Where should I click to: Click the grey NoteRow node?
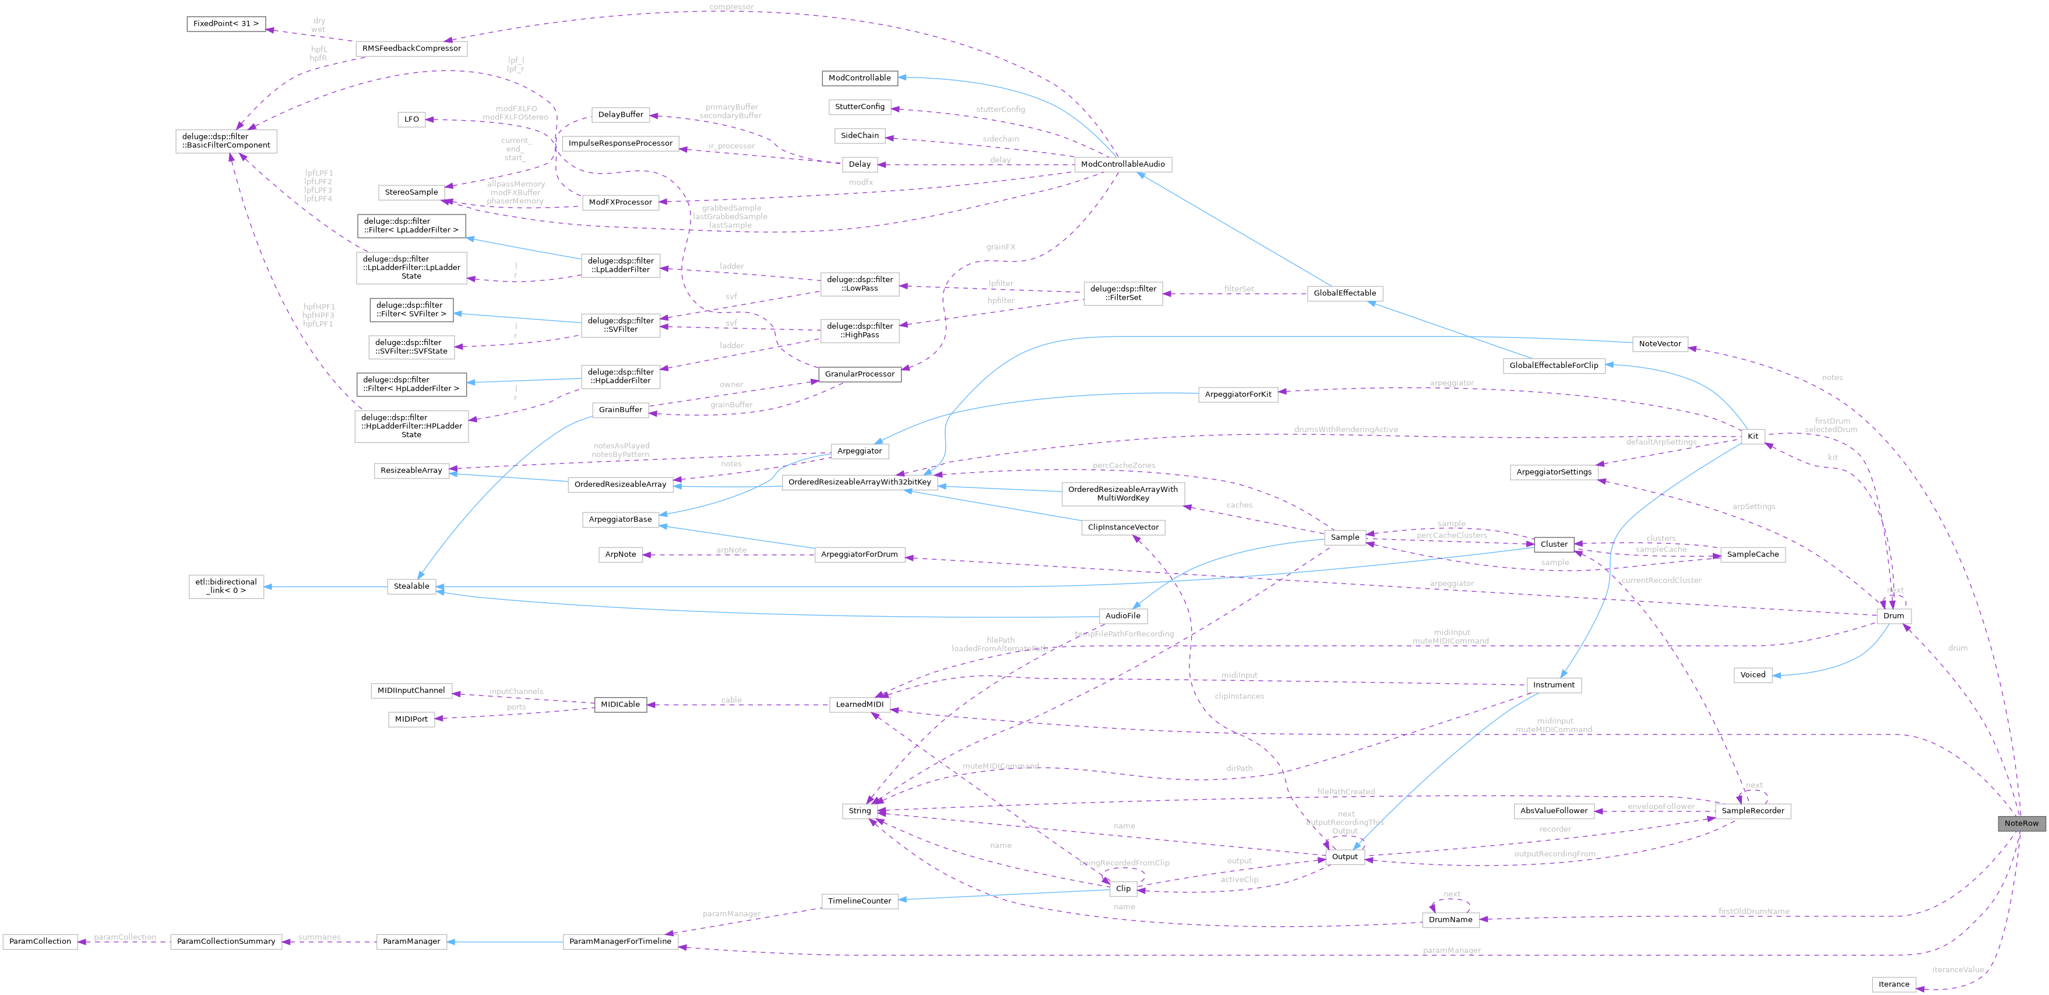2020,823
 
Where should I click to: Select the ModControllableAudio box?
1122,164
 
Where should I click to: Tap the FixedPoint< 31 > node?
226,24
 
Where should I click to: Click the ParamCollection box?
40,941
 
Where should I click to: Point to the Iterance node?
1893,984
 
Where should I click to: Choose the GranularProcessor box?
859,374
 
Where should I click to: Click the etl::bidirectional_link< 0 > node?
226,586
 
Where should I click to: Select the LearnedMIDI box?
859,704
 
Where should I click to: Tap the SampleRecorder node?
1752,810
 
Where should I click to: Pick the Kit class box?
1752,436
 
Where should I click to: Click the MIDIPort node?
411,719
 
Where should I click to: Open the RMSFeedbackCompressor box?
411,48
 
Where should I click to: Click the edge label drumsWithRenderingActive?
1345,430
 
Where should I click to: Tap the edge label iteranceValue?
1958,969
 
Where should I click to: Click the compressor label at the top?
730,7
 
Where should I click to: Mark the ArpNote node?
621,554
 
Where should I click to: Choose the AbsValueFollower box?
1554,810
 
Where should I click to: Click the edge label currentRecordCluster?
1661,581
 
